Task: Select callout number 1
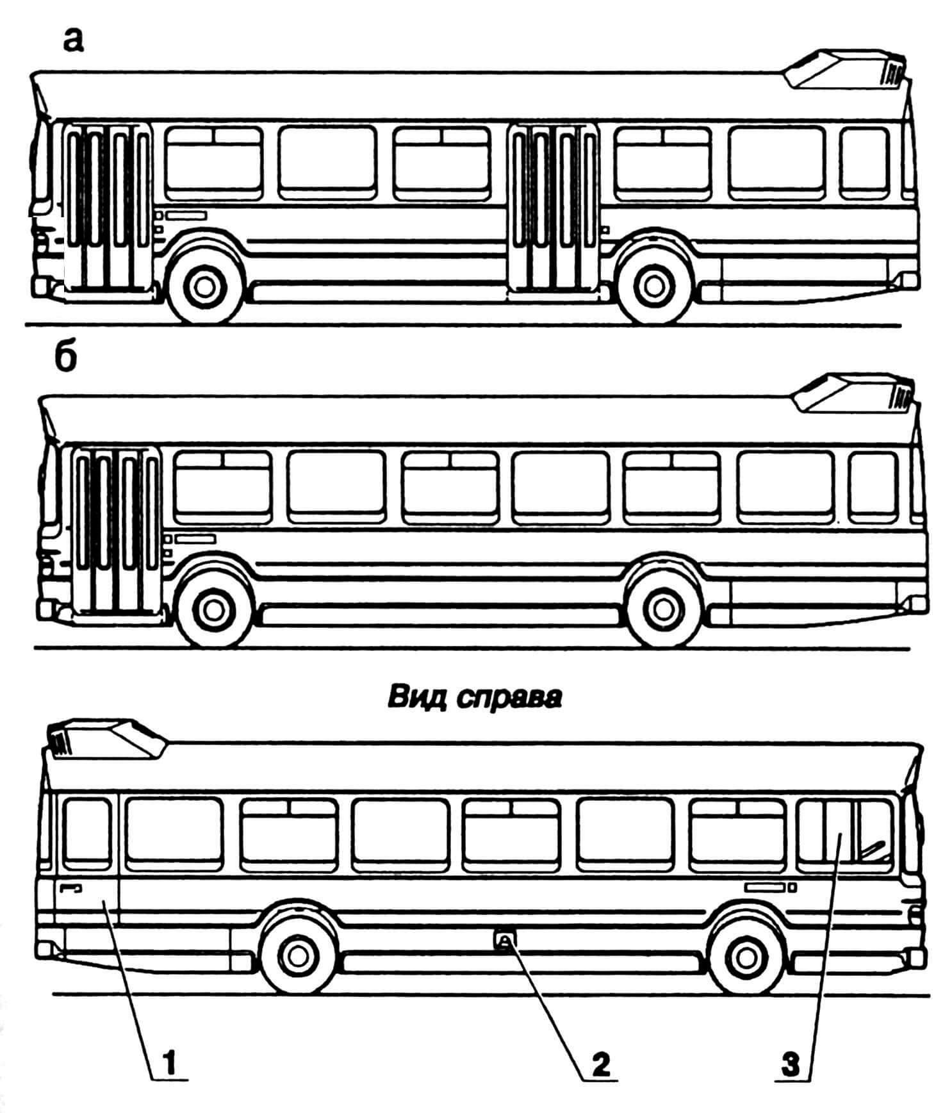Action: click(167, 1065)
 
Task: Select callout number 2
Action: click(600, 1065)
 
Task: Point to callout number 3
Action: click(792, 1065)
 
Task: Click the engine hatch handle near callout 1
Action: click(70, 887)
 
